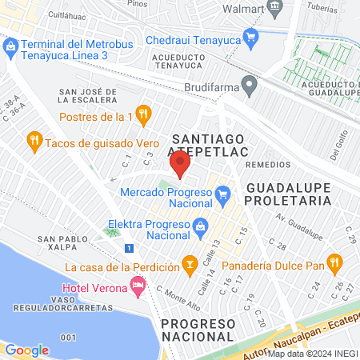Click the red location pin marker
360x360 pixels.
179,166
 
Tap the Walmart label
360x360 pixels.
245,9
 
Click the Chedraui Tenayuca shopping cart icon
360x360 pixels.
251,36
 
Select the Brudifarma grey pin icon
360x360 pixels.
250,82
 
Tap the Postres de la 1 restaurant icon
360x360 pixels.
144,114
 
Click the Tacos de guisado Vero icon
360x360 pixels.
34,142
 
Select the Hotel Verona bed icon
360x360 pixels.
138,284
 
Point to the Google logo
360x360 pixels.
26,350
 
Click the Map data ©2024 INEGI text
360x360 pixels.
312,354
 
